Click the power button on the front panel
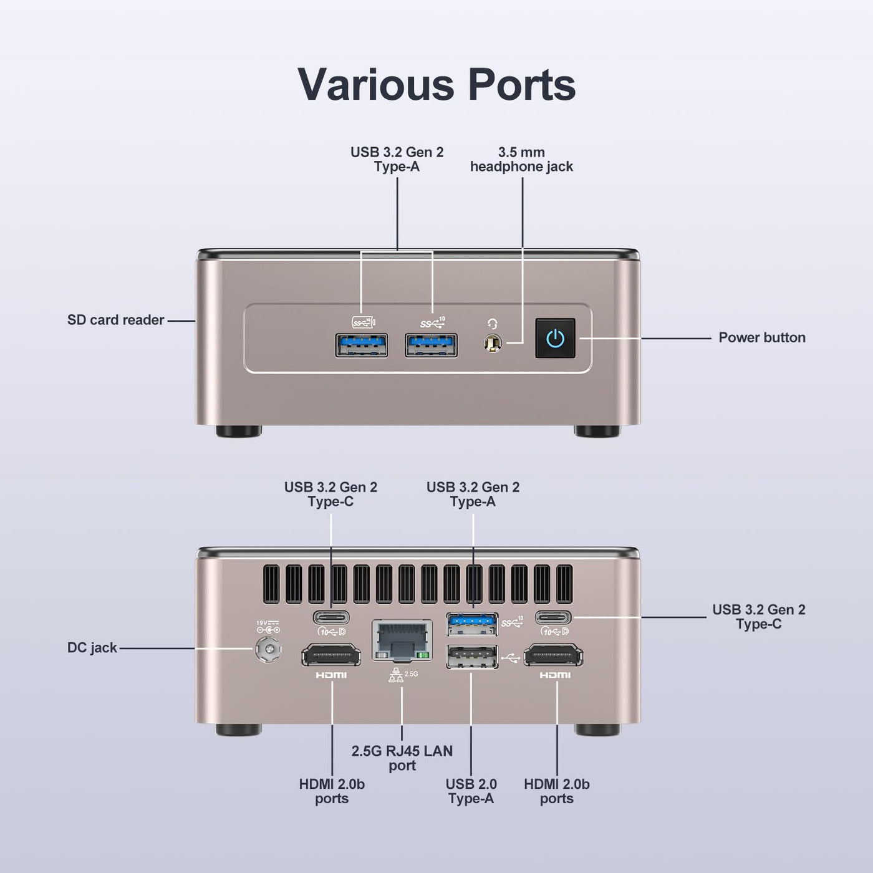click(x=556, y=339)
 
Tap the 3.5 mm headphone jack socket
click(x=493, y=343)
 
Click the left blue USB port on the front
click(x=362, y=345)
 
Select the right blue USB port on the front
click(x=431, y=345)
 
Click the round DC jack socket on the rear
click(x=268, y=649)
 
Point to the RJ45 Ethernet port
click(x=402, y=640)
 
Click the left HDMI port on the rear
click(x=331, y=655)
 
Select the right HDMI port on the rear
click(x=553, y=655)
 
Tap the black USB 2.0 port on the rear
click(x=472, y=657)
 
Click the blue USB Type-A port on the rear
click(x=472, y=624)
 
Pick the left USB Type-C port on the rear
click(x=331, y=617)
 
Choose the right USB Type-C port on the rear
click(x=553, y=617)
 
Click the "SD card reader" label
click(x=115, y=320)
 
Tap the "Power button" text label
click(x=762, y=337)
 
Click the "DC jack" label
click(x=92, y=648)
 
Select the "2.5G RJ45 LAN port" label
click(x=402, y=758)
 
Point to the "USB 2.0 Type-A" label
click(x=471, y=791)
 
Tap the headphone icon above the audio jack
click(x=493, y=324)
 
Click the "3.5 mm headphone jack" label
click(x=521, y=160)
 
